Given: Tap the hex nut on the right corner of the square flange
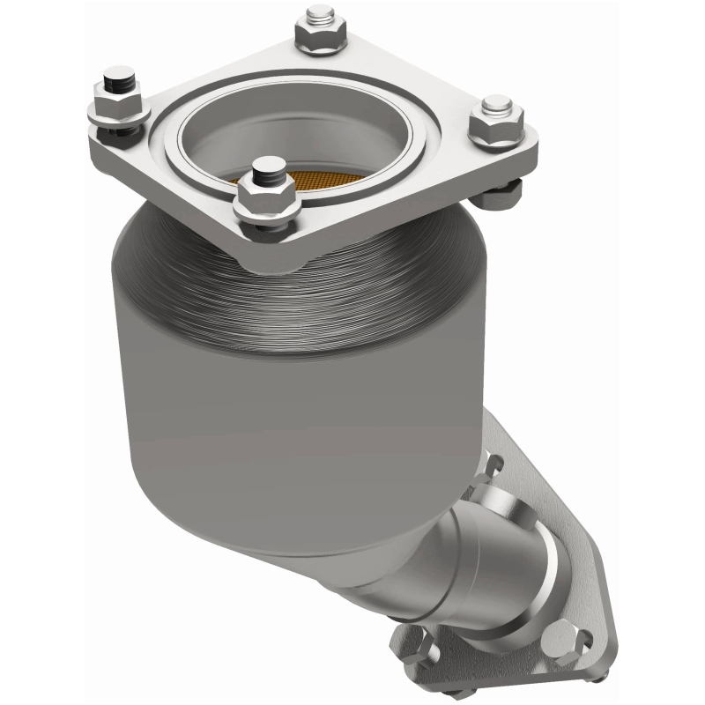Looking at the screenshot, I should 495,128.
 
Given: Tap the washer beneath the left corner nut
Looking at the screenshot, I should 119,123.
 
